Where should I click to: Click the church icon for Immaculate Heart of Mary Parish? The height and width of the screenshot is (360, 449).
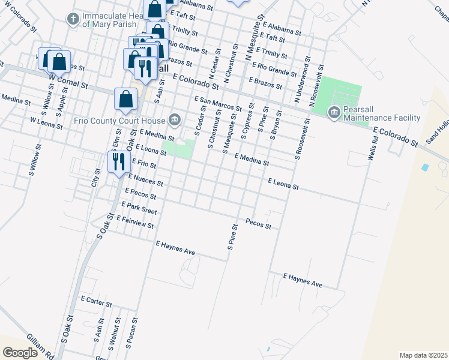[x=73, y=19]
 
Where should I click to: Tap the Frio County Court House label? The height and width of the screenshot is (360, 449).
[x=120, y=120]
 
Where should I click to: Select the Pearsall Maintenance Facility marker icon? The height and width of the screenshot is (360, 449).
[x=334, y=112]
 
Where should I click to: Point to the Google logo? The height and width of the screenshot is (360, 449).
[x=20, y=352]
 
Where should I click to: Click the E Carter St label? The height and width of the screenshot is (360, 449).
[x=96, y=301]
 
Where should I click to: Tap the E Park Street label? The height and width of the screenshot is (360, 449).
[x=139, y=208]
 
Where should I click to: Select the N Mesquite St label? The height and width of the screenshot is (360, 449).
[x=255, y=37]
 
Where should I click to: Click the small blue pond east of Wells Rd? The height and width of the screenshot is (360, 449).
[x=426, y=167]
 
